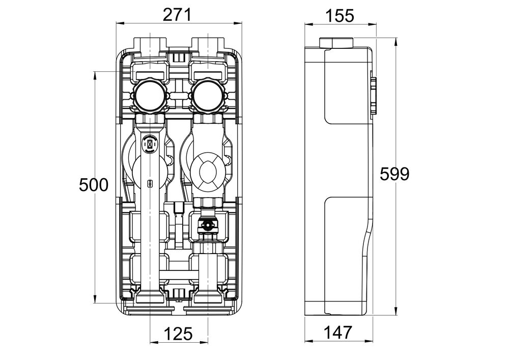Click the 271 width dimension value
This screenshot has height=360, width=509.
[x=177, y=15]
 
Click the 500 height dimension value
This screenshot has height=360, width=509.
[x=94, y=185]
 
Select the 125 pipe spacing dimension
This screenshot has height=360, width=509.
[x=178, y=334]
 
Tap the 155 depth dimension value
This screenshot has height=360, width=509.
[x=340, y=16]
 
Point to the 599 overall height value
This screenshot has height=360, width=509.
[x=395, y=174]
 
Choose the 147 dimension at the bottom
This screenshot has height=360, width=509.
[x=338, y=333]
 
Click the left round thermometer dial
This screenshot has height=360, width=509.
[x=150, y=95]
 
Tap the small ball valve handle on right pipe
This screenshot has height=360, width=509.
[x=207, y=225]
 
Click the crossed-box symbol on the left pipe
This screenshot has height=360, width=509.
[x=150, y=143]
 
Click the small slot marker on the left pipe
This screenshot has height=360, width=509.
[x=150, y=184]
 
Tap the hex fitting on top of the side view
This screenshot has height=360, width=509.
[x=336, y=43]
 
